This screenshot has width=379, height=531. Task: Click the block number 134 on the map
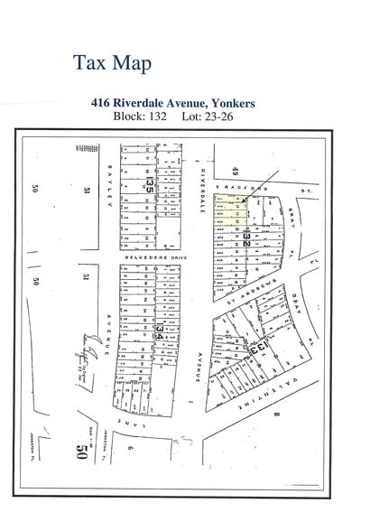pyautogui.click(x=160, y=322)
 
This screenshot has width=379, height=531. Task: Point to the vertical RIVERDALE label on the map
pyautogui.click(x=205, y=186)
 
